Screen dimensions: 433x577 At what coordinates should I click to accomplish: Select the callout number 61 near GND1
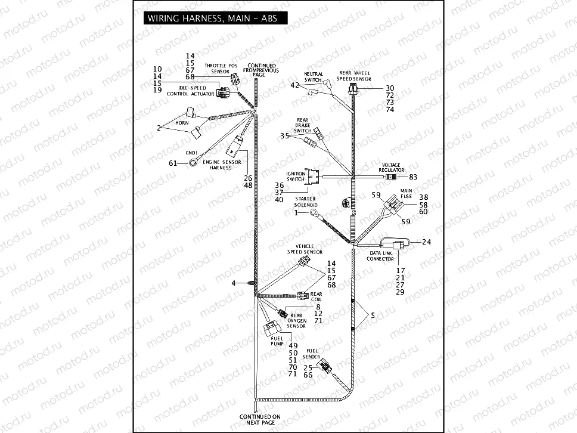(173, 163)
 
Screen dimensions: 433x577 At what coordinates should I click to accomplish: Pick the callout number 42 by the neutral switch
(294, 86)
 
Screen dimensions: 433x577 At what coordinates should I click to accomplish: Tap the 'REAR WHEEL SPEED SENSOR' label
(355, 76)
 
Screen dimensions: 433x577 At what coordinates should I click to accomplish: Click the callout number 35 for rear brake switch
(284, 136)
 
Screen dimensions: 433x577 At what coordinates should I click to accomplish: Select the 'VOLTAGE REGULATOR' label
(392, 168)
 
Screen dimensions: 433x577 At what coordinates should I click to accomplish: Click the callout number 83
(413, 177)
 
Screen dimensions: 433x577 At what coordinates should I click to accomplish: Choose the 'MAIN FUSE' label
(406, 194)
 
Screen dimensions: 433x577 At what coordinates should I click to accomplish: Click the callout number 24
(426, 242)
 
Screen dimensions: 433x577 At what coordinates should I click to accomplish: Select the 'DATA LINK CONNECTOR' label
(380, 256)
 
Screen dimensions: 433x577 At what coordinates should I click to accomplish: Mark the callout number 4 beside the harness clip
(234, 283)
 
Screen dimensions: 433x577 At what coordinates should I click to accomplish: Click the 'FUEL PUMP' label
(278, 341)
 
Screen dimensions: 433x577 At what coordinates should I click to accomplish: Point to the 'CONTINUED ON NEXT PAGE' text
(256, 419)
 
